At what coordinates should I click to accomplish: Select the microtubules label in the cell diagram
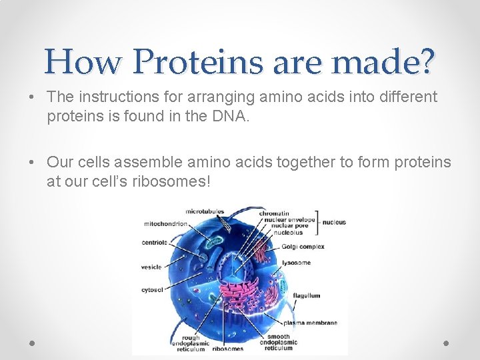coord(204,212)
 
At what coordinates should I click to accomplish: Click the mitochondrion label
coord(165,224)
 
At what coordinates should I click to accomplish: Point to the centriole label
coord(154,243)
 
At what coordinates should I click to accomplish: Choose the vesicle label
coord(151,267)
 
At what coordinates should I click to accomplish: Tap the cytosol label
coord(152,290)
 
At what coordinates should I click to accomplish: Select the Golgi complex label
coord(303,247)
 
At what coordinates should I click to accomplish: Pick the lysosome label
coord(296,263)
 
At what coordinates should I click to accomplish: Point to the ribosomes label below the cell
coord(227,348)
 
